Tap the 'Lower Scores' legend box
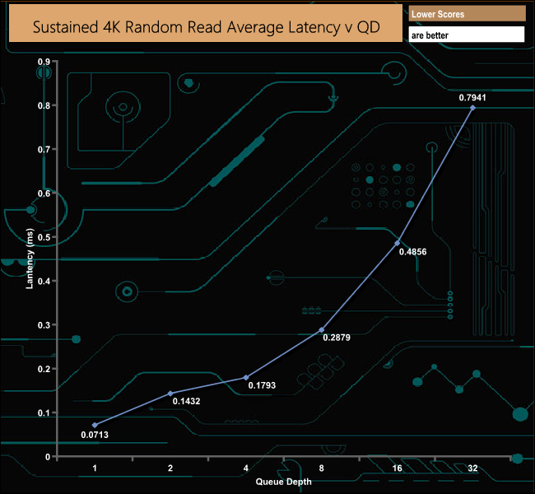pyautogui.click(x=467, y=14)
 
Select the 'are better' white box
pyautogui.click(x=467, y=35)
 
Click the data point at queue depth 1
pyautogui.click(x=95, y=425)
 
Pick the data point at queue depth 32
pyautogui.click(x=472, y=107)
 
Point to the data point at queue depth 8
pyautogui.click(x=321, y=329)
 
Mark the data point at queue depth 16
pyautogui.click(x=398, y=243)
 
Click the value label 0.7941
pyautogui.click(x=472, y=96)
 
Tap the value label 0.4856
pyautogui.click(x=412, y=252)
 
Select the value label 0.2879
pyautogui.click(x=337, y=338)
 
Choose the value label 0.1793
pyautogui.click(x=261, y=387)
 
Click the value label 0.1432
pyautogui.click(x=186, y=401)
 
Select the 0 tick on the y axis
pyautogui.click(x=47, y=456)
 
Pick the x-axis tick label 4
pyautogui.click(x=246, y=468)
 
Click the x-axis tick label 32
pyautogui.click(x=472, y=468)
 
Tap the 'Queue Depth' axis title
pyautogui.click(x=283, y=481)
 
